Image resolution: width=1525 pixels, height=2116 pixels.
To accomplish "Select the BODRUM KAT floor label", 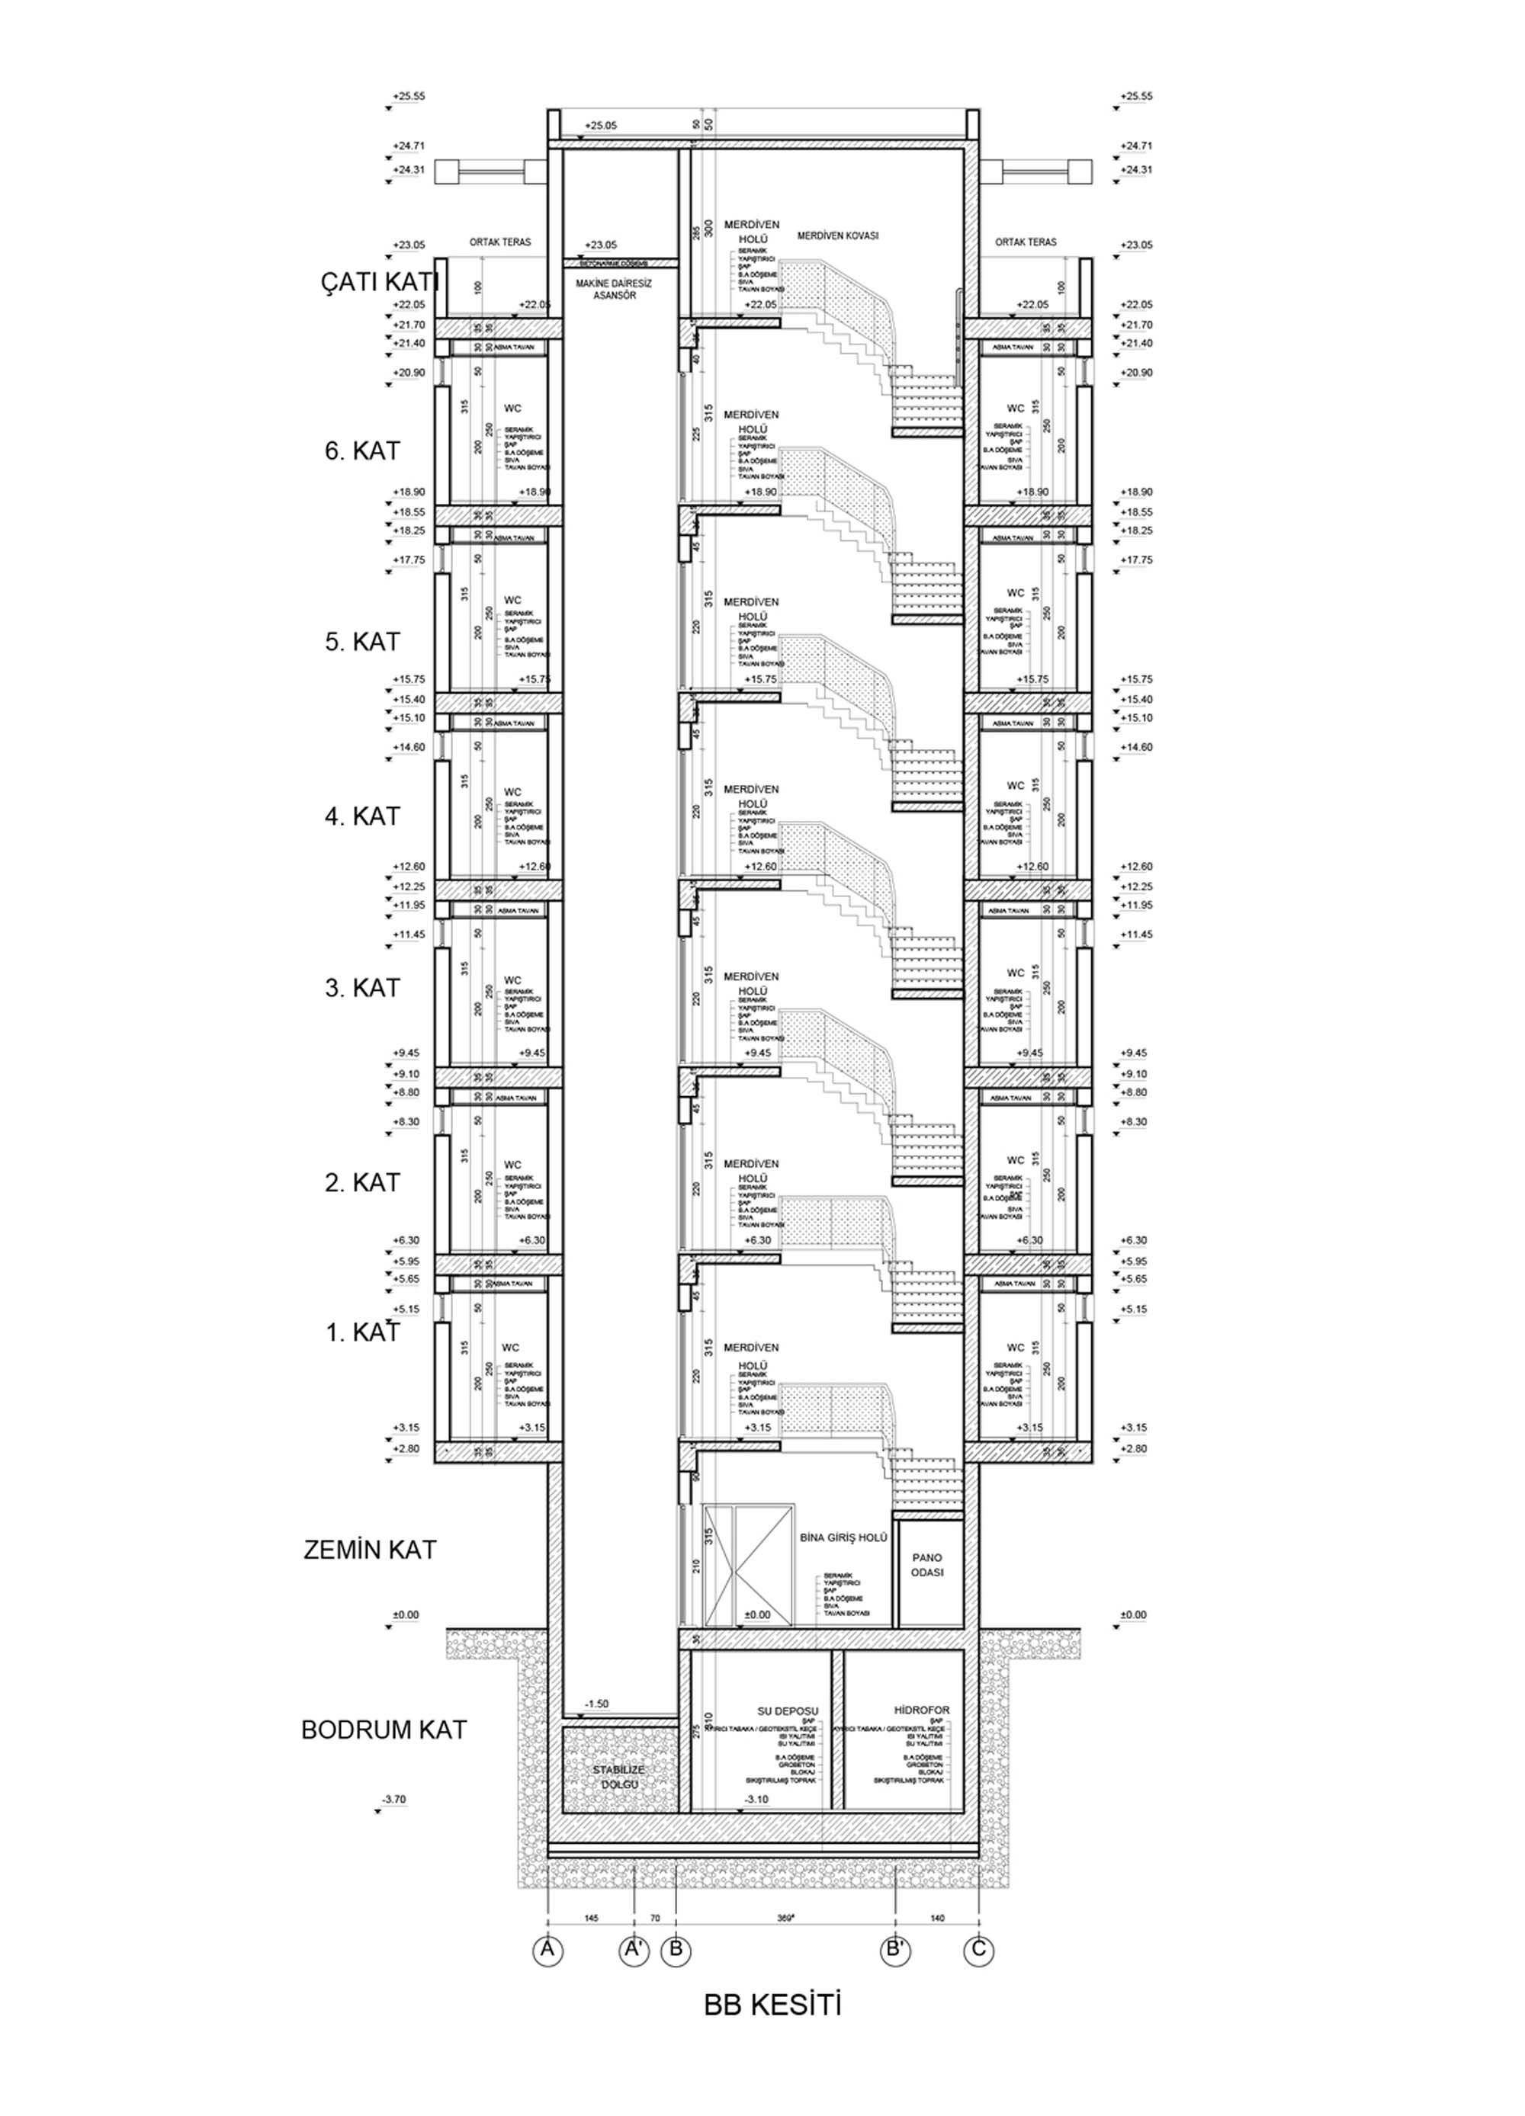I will (384, 1730).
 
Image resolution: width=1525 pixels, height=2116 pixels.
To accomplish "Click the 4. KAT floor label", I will (362, 816).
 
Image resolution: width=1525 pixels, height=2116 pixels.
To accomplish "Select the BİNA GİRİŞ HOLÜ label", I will (843, 1537).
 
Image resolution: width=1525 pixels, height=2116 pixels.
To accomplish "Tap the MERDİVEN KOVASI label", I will (838, 236).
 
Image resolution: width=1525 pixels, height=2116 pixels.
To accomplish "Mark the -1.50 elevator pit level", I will (596, 1704).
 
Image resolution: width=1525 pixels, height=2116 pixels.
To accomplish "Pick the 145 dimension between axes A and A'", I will (591, 1917).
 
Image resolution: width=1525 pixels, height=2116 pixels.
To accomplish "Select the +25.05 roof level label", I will (601, 125).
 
